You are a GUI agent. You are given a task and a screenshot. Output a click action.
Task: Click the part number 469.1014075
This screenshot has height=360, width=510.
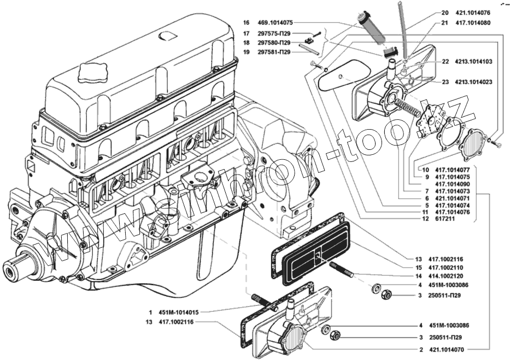(275, 23)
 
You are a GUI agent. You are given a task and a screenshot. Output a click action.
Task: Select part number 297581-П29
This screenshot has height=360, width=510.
(274, 52)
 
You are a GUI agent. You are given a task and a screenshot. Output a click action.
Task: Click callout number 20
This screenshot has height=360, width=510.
(444, 13)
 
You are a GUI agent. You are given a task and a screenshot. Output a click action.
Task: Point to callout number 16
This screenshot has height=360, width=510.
(246, 23)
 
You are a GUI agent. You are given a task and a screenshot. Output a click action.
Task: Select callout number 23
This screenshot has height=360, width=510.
(445, 82)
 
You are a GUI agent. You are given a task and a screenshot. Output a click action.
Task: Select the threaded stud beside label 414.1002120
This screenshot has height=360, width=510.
(342, 270)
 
